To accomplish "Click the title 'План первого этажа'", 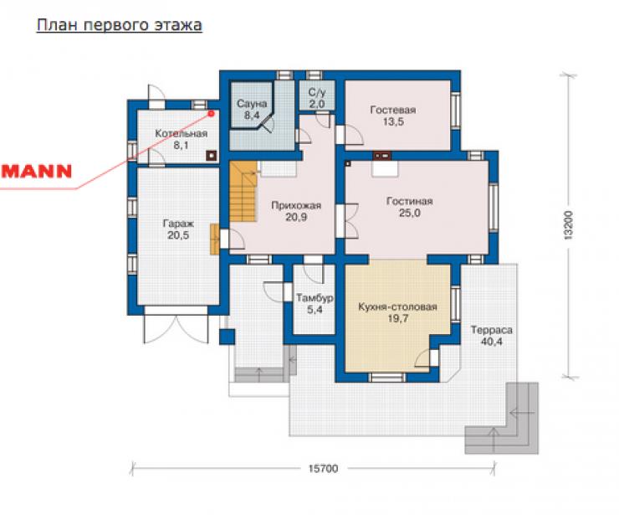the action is pos(120,25).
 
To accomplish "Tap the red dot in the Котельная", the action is pos(211,114).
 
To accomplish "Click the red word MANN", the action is pos(36,171).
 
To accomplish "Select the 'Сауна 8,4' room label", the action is pos(252,110).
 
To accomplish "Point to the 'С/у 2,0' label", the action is pos(317,98).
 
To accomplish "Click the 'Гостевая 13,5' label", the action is pos(393,116).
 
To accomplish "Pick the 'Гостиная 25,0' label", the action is pos(409,207).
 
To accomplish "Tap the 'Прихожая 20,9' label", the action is pos(296,211).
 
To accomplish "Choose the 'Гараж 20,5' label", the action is pos(178,229).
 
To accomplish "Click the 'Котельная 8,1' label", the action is pos(181,139).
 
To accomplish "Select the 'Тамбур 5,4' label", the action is pos(315,303).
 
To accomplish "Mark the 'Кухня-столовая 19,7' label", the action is pos(397,312).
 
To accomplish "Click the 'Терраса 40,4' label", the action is pos(492,336).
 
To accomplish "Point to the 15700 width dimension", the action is pos(323,469).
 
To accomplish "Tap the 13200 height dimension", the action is pos(568,226).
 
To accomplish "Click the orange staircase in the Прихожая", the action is pos(243,192).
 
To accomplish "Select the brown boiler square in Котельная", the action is pos(212,156).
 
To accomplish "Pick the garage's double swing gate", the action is pos(176,329).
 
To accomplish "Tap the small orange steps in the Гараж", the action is pos(215,239).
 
